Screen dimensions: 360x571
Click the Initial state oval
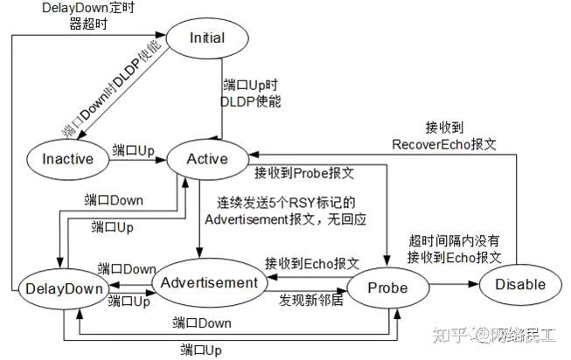point(206,38)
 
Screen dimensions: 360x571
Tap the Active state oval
point(208,159)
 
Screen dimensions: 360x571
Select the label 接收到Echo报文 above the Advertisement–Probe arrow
point(312,263)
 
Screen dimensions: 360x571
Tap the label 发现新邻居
point(312,300)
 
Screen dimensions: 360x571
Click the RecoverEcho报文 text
point(443,142)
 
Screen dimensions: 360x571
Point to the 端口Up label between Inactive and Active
point(133,149)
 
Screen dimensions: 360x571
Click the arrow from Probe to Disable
point(454,285)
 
